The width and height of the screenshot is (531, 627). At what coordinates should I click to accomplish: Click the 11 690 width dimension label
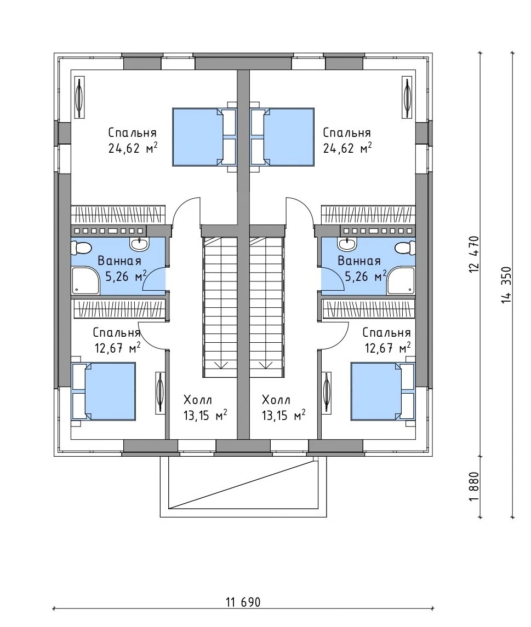[x=243, y=591]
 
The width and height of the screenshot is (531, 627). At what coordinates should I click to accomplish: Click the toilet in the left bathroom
[x=82, y=248]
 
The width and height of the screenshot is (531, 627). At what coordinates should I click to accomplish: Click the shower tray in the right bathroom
[x=403, y=281]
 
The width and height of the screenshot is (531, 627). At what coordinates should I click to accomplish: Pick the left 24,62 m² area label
[x=133, y=149]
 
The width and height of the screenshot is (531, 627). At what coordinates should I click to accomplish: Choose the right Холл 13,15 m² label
[x=284, y=408]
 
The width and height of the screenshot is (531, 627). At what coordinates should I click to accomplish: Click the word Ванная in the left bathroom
[x=119, y=261]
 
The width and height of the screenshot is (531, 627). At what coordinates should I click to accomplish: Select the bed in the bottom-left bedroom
[x=104, y=391]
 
